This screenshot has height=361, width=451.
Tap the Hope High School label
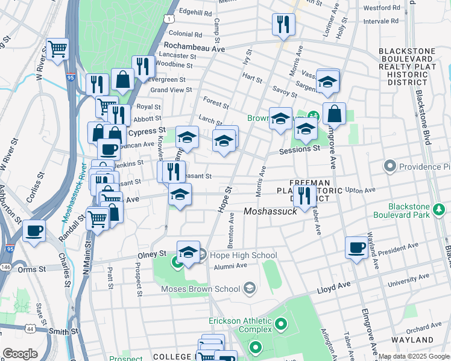point(234,256)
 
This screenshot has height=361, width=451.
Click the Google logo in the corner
point(20,353)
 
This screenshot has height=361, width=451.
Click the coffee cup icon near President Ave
point(356,247)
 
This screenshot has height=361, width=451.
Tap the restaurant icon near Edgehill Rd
point(283,24)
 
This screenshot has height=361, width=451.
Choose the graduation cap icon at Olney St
point(188,251)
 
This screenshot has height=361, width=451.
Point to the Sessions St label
point(299,149)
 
